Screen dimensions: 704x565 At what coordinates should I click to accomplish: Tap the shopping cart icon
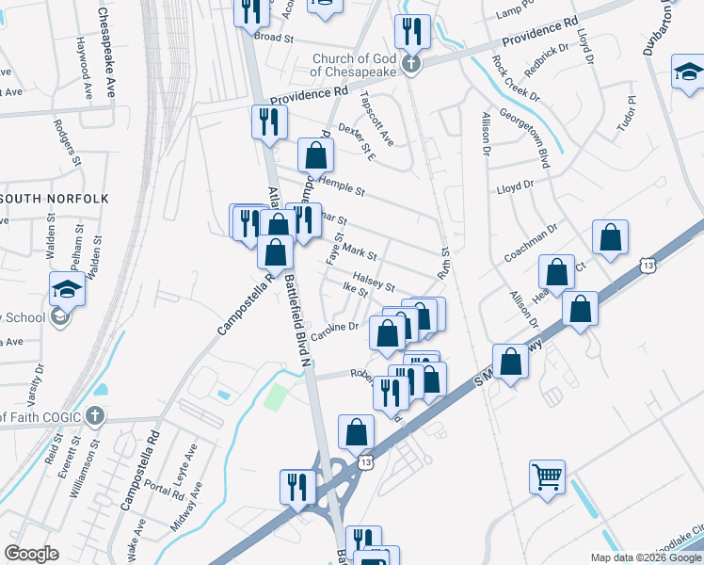pyautogui.click(x=546, y=476)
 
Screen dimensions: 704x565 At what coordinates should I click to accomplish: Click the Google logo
pyautogui.click(x=31, y=554)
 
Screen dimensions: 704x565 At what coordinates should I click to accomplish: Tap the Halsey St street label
pyautogui.click(x=372, y=282)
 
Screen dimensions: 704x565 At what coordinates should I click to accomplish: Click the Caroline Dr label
pyautogui.click(x=336, y=329)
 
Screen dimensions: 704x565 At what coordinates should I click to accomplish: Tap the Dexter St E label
pyautogui.click(x=357, y=138)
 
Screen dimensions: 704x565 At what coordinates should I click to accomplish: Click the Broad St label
pyautogui.click(x=275, y=39)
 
